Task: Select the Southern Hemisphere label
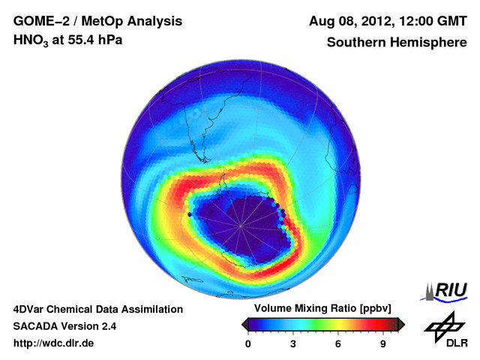pyautogui.click(x=397, y=42)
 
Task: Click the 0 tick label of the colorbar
pyautogui.click(x=248, y=344)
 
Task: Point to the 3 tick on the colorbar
pyautogui.click(x=293, y=344)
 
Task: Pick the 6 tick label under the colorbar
pyautogui.click(x=338, y=344)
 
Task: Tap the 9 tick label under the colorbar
pyautogui.click(x=383, y=344)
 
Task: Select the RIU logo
pyautogui.click(x=447, y=290)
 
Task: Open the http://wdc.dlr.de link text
pyautogui.click(x=54, y=344)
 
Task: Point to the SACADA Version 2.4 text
pyautogui.click(x=64, y=327)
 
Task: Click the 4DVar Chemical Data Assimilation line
pyautogui.click(x=98, y=309)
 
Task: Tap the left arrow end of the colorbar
pyautogui.click(x=244, y=324)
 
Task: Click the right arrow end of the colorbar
pyautogui.click(x=401, y=324)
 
